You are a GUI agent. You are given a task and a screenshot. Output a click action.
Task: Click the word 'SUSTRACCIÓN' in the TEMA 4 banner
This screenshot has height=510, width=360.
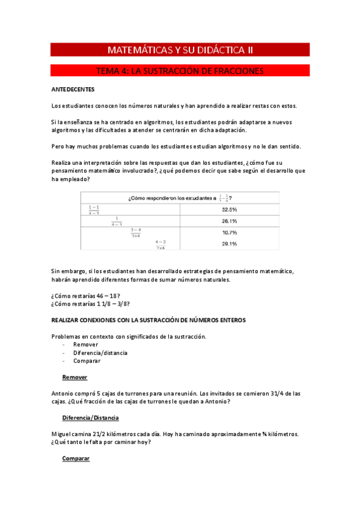185,71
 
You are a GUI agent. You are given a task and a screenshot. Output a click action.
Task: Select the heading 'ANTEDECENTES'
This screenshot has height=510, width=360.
73,90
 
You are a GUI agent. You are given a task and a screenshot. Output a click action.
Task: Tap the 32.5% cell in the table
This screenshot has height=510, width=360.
229,209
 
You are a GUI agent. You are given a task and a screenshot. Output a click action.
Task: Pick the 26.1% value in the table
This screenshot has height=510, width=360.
229,221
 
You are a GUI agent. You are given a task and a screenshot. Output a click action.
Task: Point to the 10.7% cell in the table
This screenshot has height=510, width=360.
229,232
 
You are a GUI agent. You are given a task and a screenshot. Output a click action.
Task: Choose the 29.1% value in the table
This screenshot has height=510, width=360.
229,244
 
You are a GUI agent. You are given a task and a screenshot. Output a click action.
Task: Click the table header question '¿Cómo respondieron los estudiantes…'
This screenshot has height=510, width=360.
180,197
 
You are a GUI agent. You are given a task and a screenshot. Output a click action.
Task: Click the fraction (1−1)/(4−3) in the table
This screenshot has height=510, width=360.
94,209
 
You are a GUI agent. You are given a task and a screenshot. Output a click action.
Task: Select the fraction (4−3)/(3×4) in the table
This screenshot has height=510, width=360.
160,244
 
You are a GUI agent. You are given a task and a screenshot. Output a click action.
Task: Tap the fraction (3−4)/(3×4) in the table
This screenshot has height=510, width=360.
135,232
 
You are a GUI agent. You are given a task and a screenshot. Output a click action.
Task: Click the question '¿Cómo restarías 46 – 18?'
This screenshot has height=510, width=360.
86,295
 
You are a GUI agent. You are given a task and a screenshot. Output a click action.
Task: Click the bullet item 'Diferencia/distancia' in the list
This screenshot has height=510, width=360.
100,353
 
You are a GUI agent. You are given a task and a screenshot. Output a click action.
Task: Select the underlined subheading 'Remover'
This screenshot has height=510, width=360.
75,377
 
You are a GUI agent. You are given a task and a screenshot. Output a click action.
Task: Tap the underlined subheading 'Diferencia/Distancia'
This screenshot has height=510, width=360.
90,417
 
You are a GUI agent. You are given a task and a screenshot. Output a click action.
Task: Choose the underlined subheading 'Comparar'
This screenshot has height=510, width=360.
76,458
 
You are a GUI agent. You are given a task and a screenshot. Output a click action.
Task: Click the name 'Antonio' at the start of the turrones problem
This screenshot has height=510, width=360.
64,393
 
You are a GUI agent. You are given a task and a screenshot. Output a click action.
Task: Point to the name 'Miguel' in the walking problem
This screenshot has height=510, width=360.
62,434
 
